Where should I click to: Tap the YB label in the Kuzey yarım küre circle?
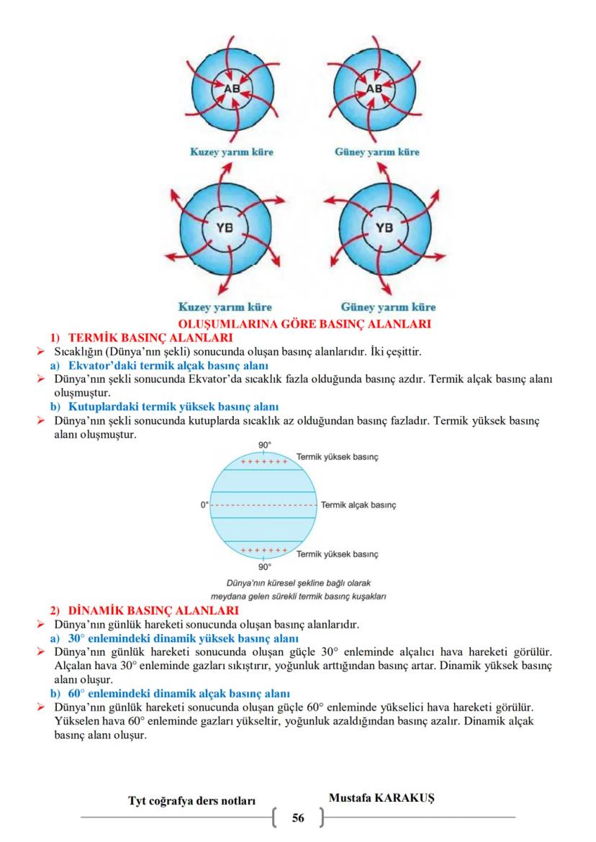225,229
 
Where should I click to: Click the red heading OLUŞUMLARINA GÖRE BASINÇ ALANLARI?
299,324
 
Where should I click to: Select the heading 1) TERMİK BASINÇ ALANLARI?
141,337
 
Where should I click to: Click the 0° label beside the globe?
205,504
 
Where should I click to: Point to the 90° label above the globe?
264,445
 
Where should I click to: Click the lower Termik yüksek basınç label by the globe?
338,554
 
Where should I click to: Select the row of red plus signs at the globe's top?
264,461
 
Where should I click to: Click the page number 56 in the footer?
298,818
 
